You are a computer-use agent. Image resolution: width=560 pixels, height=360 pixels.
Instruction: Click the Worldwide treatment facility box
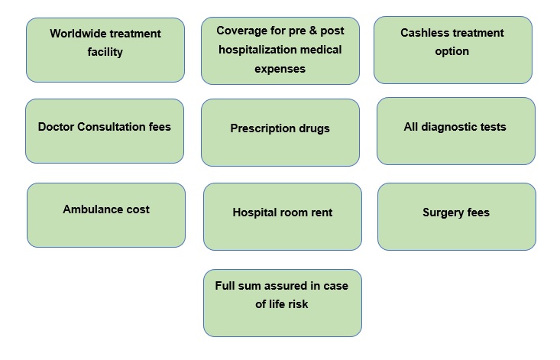tap(105, 50)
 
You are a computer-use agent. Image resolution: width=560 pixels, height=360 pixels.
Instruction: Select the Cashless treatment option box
tap(452, 50)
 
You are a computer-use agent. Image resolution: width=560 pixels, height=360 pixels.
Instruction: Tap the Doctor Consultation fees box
tap(105, 131)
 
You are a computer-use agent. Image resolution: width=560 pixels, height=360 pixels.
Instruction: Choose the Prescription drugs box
tap(280, 132)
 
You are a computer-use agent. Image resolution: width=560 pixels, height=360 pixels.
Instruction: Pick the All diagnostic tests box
tap(455, 131)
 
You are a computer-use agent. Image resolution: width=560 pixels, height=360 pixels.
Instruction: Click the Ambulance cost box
tap(106, 215)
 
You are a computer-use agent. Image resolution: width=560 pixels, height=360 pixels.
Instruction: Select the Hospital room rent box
tap(282, 216)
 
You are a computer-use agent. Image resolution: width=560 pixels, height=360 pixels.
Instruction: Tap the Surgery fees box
tap(456, 216)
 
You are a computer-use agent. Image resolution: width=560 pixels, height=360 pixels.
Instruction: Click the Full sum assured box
tap(282, 303)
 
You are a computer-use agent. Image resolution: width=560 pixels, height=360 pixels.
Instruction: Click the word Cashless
tap(424, 34)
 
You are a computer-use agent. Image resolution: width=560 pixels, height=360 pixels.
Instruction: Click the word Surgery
tap(443, 212)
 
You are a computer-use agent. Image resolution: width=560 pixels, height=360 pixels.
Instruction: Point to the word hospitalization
tap(257, 50)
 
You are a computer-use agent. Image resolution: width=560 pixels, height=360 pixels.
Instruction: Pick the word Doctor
tap(57, 127)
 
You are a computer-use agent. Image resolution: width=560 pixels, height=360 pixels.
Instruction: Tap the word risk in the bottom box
tap(296, 304)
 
